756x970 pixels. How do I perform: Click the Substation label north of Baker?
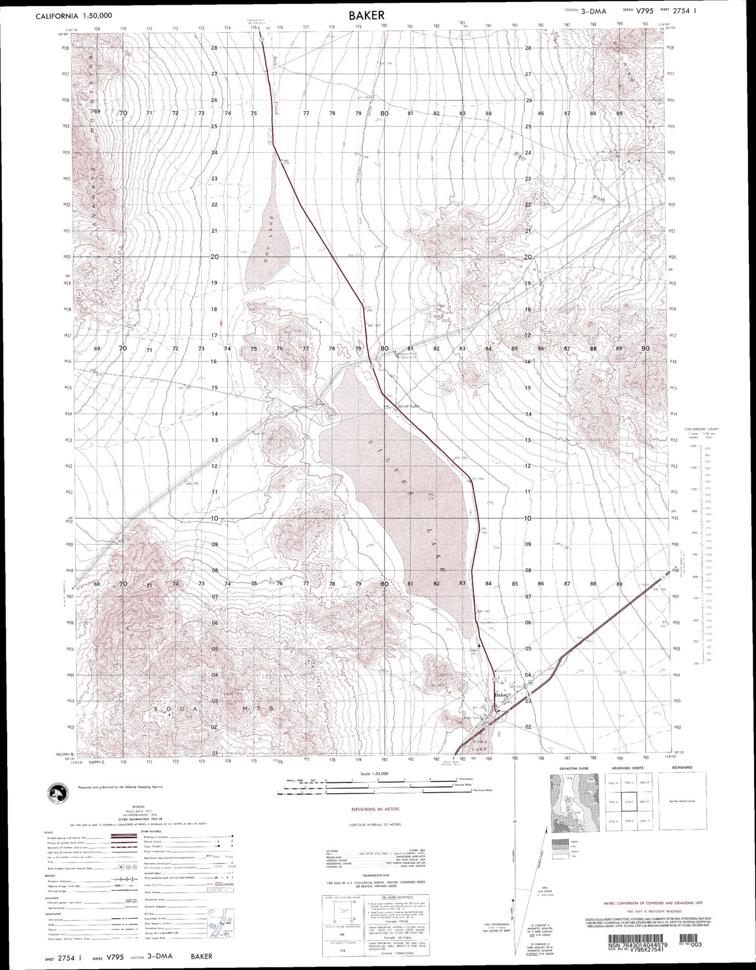[503, 671]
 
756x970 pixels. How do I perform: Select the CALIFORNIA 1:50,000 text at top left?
[74, 16]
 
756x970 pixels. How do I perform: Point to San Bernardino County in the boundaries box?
[688, 802]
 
